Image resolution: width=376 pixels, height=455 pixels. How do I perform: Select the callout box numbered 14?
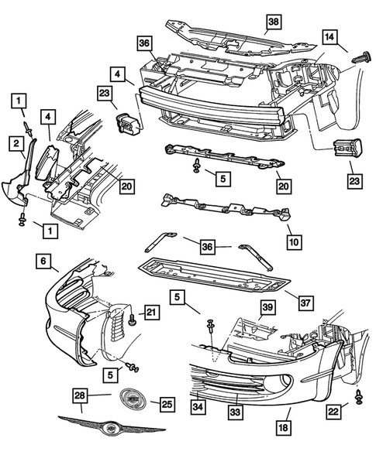coord(329,37)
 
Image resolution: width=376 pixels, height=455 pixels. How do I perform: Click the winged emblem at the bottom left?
coord(111,426)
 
